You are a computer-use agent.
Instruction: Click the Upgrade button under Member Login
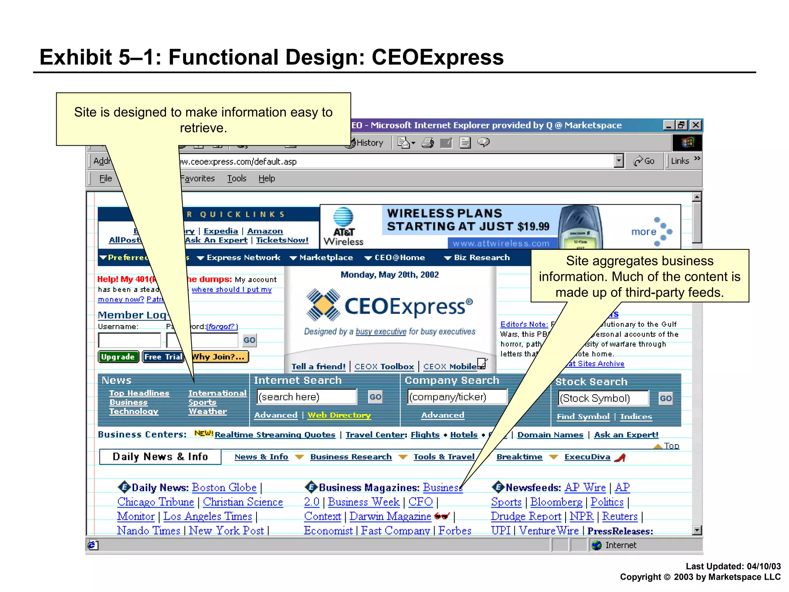118,357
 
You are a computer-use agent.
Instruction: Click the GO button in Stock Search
665,399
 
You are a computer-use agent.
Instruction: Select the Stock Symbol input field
603,399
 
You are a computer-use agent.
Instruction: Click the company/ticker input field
457,397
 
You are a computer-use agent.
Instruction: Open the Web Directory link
339,415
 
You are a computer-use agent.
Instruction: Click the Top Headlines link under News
139,393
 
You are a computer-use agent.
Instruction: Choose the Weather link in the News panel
208,411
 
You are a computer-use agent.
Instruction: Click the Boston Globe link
224,488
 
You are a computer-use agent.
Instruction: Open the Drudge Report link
526,516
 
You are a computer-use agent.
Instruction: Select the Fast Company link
395,531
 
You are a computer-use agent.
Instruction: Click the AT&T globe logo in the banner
343,217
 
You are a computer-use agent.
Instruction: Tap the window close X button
696,125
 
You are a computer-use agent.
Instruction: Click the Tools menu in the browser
237,178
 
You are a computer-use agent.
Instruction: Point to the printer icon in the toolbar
427,143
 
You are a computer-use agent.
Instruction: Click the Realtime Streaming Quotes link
275,435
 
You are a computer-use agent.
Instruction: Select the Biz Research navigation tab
481,257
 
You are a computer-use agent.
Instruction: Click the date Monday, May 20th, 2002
389,275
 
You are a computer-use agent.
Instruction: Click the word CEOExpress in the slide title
437,57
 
